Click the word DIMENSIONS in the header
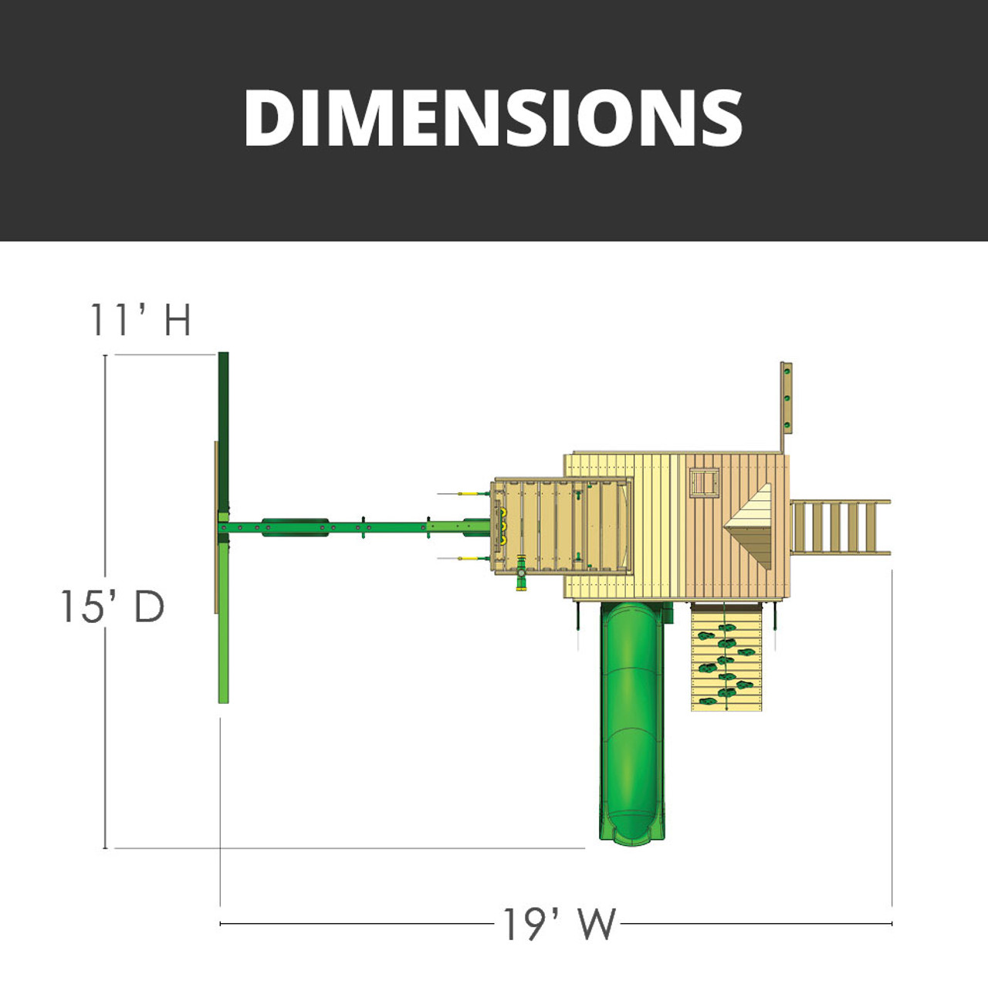493,119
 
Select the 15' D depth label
113,607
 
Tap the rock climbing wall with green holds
726,658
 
